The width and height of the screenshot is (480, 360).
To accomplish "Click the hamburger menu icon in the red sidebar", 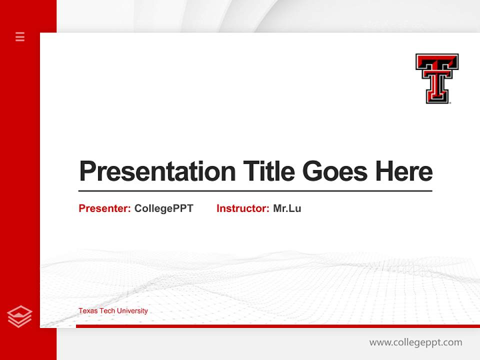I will point(20,36).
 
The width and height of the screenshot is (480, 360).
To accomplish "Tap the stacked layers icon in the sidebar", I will point(19,316).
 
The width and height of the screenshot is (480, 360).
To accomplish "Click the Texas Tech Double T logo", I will point(436,78).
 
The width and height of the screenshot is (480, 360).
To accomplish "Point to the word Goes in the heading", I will point(335,171).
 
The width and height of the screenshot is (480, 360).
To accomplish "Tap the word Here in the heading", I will point(404,171).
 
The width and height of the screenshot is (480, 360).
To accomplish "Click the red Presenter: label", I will point(104,208).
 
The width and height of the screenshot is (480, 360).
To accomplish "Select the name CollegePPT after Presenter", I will point(163,208).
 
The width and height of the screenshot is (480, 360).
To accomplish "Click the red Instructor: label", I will point(242,208).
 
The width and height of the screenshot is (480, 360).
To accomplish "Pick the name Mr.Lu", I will point(287,208).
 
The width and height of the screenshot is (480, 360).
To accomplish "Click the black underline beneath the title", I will point(255,191).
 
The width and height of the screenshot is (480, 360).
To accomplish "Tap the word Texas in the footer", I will point(88,311).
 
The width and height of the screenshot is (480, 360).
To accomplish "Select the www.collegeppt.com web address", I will point(415,342).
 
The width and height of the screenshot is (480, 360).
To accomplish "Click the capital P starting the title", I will point(87,171).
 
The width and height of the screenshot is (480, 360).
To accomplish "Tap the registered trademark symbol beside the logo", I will point(450,102).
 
